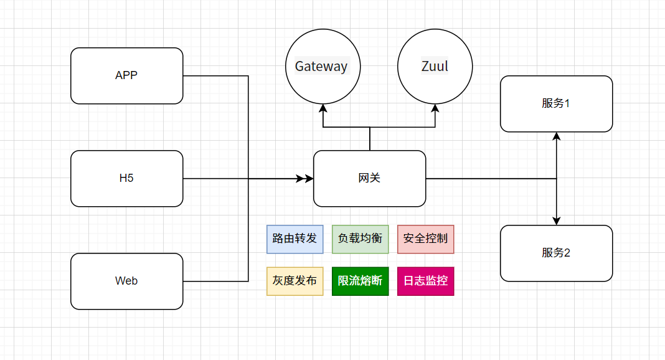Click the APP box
126,75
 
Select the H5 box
126,178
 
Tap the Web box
126,281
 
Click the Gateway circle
323,66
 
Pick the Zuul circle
435,66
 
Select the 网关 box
369,178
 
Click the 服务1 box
556,103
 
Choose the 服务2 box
556,253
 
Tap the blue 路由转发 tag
295,239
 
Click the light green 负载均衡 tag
360,239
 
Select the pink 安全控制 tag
425,239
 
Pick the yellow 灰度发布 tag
295,281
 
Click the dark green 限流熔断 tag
360,281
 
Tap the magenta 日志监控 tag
425,281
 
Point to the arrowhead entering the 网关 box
309,178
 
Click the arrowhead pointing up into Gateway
323,108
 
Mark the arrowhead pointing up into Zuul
435,108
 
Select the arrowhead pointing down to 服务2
556,220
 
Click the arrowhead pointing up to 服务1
556,136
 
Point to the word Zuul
435,66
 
